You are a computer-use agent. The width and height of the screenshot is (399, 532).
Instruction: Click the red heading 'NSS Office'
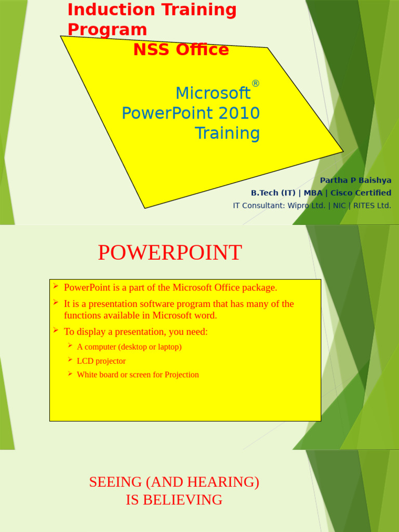point(181,50)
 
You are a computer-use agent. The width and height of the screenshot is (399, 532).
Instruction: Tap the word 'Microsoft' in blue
point(213,94)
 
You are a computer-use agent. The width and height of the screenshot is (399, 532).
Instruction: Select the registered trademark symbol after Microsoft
point(255,84)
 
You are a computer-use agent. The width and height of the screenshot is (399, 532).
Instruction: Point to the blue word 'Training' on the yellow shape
point(227,134)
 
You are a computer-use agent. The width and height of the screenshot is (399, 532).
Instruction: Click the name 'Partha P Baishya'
point(355,180)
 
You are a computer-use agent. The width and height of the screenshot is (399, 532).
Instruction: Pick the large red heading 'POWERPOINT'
point(170,253)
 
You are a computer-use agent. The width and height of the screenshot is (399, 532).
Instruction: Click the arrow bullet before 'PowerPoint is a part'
point(55,286)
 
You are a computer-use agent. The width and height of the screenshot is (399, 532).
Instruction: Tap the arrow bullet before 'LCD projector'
point(70,360)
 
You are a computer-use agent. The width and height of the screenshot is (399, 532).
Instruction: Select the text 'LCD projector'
point(101,361)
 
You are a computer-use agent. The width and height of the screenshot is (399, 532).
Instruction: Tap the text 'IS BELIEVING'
point(174,500)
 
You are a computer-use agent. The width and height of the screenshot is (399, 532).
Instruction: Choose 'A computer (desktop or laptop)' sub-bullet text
point(129,347)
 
